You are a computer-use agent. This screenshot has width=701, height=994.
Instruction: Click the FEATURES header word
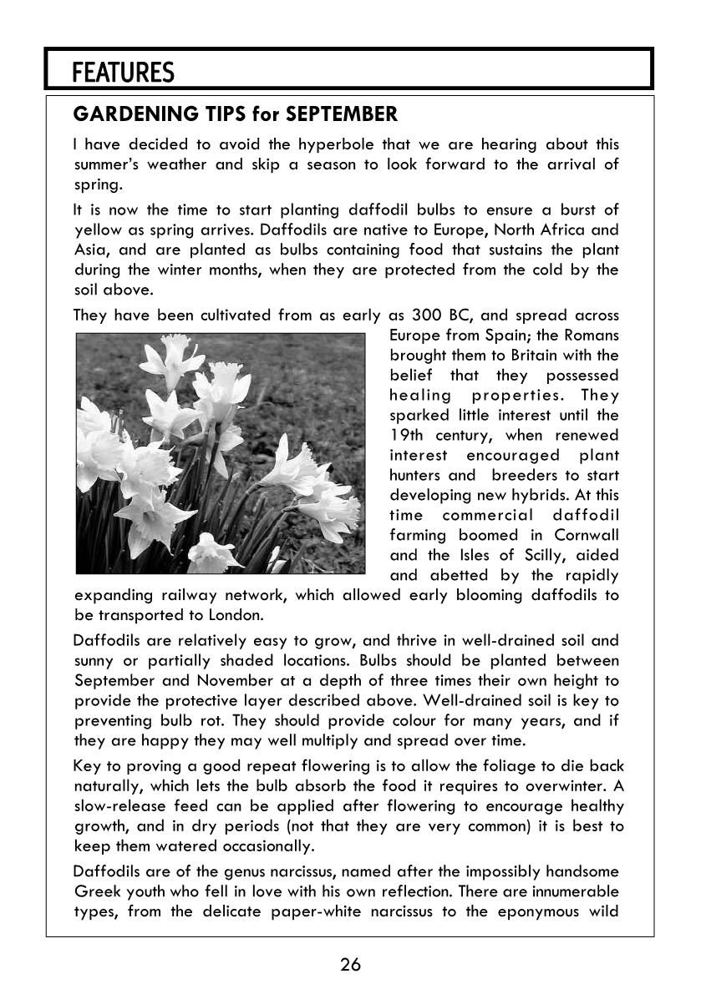click(x=123, y=73)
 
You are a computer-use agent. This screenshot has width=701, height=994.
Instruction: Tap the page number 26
click(x=350, y=966)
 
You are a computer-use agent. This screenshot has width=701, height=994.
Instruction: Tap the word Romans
click(x=591, y=336)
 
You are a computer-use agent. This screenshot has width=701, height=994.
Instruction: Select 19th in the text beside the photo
click(x=407, y=436)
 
